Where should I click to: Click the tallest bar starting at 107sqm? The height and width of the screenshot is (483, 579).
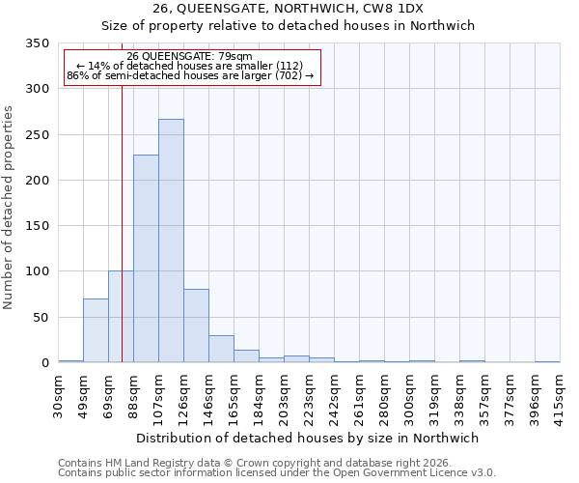pyautogui.click(x=171, y=241)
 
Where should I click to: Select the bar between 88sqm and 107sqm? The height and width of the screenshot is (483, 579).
pyautogui.click(x=146, y=259)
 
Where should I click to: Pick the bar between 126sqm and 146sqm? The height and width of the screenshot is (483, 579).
pyautogui.click(x=196, y=326)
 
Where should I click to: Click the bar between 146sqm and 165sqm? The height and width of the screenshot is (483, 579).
pyautogui.click(x=221, y=349)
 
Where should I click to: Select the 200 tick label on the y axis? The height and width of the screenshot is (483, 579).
pyautogui.click(x=38, y=181)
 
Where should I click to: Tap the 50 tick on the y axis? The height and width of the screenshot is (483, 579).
pyautogui.click(x=41, y=317)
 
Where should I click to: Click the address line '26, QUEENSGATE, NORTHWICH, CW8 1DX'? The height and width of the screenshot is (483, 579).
pyautogui.click(x=288, y=9)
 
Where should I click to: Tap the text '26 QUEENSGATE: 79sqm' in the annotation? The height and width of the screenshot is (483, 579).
pyautogui.click(x=189, y=56)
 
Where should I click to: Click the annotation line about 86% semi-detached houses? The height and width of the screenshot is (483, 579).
pyautogui.click(x=190, y=75)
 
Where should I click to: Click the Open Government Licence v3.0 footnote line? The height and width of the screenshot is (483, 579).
pyautogui.click(x=277, y=472)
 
